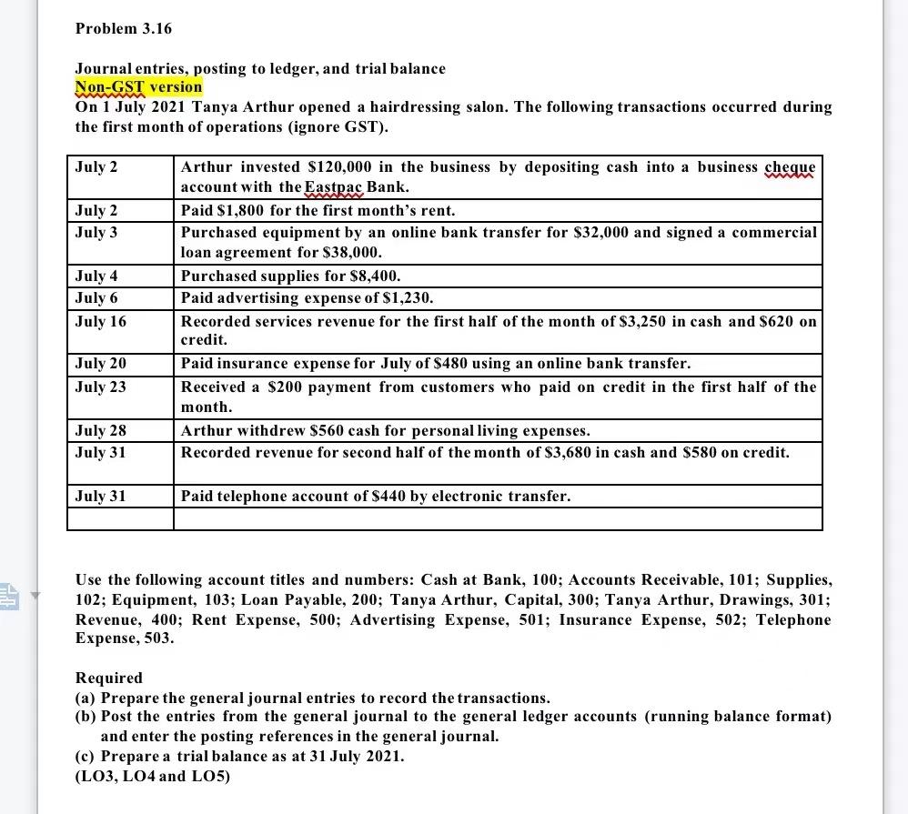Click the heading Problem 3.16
123,28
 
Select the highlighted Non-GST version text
138,87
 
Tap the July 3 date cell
96,233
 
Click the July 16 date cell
100,321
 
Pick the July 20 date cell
100,364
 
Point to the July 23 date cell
100,387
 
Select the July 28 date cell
100,430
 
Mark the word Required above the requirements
108,678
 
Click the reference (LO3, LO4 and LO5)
152,777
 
